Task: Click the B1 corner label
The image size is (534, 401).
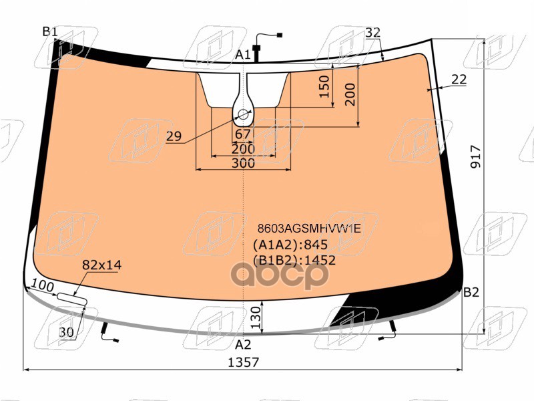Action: click(x=50, y=31)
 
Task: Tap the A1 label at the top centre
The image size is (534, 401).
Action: click(x=243, y=54)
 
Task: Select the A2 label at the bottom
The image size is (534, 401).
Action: click(x=243, y=345)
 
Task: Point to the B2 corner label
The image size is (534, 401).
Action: click(x=471, y=292)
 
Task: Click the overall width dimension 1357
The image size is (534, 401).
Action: click(x=243, y=362)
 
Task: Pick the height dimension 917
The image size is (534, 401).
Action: click(x=475, y=157)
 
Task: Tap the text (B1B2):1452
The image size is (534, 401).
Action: click(x=294, y=260)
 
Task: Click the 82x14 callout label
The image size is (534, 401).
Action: click(x=101, y=265)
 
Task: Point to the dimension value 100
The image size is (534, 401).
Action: click(x=43, y=286)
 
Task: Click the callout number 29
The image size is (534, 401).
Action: click(x=174, y=137)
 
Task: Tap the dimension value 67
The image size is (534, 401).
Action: click(x=243, y=134)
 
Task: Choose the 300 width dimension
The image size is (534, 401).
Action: click(x=243, y=163)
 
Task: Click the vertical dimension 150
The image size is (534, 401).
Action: click(x=324, y=88)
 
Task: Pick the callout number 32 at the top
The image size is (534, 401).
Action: click(x=372, y=33)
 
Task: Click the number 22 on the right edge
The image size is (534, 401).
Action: click(x=459, y=80)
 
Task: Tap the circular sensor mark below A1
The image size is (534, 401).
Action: click(x=242, y=115)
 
